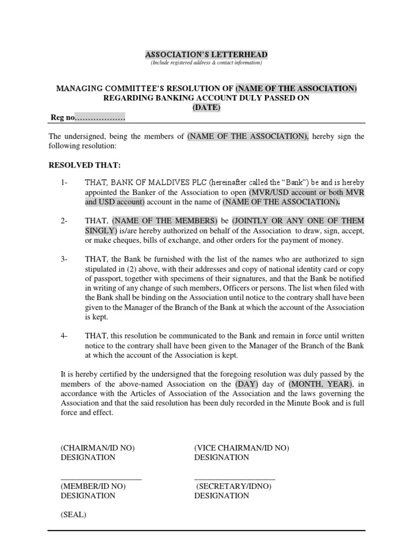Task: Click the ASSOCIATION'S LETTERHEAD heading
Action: pyautogui.click(x=206, y=55)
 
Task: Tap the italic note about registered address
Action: pyautogui.click(x=206, y=63)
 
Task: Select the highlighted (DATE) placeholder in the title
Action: pyautogui.click(x=206, y=107)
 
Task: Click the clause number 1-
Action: pyautogui.click(x=65, y=184)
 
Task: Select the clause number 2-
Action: pyautogui.click(x=65, y=221)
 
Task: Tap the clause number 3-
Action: pyautogui.click(x=65, y=259)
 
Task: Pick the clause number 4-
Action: pyautogui.click(x=65, y=336)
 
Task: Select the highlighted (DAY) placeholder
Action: pyautogui.click(x=247, y=384)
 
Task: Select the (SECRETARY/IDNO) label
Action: pyautogui.click(x=234, y=486)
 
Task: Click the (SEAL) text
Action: pyautogui.click(x=73, y=515)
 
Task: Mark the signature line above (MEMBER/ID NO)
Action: pyautogui.click(x=101, y=478)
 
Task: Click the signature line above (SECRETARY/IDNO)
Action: pyautogui.click(x=234, y=478)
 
